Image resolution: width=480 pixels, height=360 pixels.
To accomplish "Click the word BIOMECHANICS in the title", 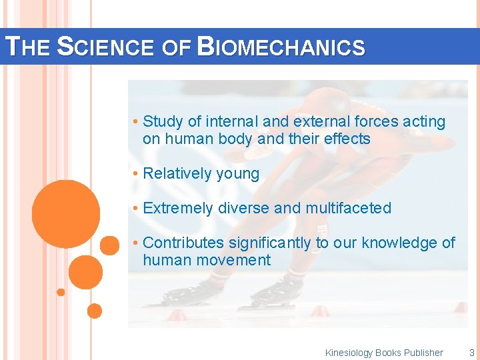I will coord(282,47).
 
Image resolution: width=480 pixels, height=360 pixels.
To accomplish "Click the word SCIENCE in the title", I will coord(108,47).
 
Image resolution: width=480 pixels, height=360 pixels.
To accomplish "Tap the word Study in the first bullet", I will coord(163,121).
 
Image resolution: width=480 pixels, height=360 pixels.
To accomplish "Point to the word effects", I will coord(347,139).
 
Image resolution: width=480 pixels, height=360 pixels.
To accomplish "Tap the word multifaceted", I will coord(348,208).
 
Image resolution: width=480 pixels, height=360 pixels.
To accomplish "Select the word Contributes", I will coord(183,243).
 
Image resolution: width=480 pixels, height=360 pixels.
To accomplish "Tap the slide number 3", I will coord(471,353).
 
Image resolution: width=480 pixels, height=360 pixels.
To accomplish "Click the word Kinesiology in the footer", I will coord(349,353).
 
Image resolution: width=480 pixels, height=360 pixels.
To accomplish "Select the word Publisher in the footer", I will coord(423,353).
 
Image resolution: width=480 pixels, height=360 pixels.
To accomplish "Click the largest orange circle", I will coord(65,213).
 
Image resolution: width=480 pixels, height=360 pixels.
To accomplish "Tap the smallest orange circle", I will coord(61,292).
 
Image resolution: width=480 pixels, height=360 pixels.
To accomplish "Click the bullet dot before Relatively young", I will coord(135,174).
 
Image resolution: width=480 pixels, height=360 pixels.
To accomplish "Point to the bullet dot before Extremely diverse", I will coord(135,209).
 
